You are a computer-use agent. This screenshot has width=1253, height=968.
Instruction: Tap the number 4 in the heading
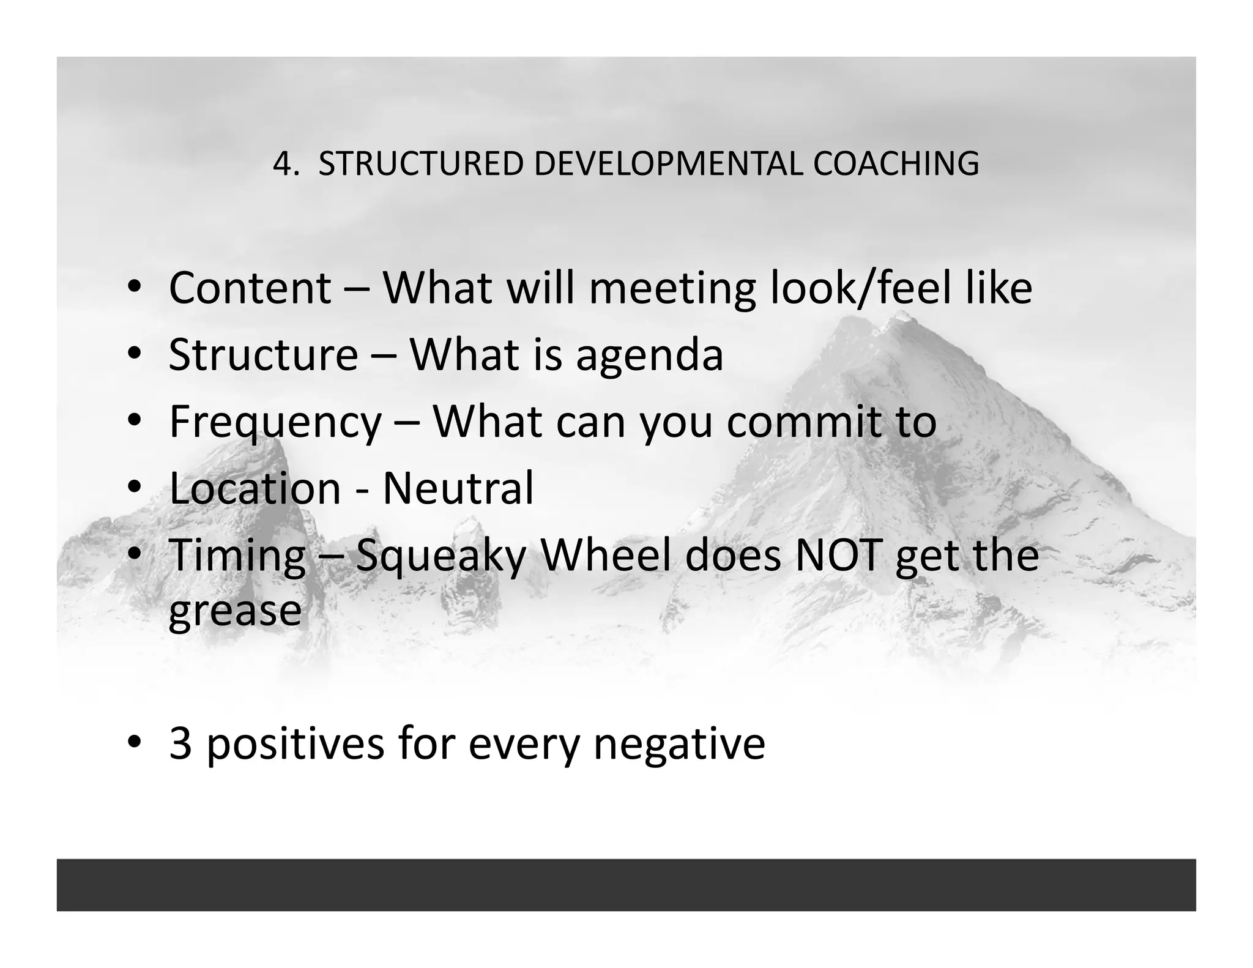click(282, 164)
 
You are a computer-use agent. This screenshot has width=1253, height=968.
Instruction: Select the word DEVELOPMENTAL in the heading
click(667, 164)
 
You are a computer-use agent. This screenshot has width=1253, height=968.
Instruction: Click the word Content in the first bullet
click(250, 288)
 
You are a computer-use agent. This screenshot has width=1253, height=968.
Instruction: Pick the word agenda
click(649, 356)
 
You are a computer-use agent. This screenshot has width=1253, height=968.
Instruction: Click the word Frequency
click(275, 422)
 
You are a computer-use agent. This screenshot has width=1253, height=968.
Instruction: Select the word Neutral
click(458, 488)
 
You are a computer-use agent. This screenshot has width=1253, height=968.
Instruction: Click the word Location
click(255, 488)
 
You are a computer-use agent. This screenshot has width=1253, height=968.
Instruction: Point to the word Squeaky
click(441, 556)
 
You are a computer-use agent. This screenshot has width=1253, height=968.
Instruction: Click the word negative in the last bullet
click(679, 745)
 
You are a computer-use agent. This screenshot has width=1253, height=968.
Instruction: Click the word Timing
click(237, 556)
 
